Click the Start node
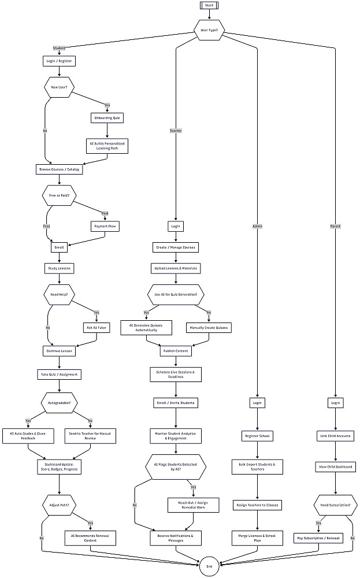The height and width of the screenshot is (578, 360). [x=209, y=5]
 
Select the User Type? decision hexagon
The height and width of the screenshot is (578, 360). [x=209, y=30]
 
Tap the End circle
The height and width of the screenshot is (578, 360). [x=209, y=566]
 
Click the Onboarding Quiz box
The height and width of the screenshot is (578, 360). [x=107, y=118]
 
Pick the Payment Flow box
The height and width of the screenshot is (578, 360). [x=105, y=227]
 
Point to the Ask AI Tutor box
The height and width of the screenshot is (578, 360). [x=95, y=328]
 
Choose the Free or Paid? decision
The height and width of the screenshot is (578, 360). [x=59, y=195]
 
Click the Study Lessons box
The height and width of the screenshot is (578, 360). [x=59, y=268]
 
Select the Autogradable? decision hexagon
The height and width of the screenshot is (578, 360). [x=59, y=402]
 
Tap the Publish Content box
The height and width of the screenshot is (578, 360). [x=176, y=350]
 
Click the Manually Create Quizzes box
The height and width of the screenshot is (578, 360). [x=209, y=328]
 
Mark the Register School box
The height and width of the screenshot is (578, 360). [x=257, y=435]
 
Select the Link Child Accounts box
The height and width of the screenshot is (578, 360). [x=336, y=435]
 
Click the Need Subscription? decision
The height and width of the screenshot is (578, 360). [x=336, y=505]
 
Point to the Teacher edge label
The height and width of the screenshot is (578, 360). [x=176, y=131]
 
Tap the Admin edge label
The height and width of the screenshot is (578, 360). [x=257, y=226]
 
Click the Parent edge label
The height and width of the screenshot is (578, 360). [x=336, y=226]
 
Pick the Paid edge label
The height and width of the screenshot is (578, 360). [x=105, y=212]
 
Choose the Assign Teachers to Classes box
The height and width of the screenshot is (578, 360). [x=257, y=505]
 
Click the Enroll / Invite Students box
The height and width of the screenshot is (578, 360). [x=176, y=402]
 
